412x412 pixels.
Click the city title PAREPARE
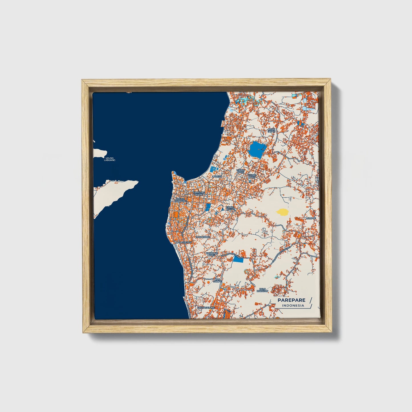coord(291,300)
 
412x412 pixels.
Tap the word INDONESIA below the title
coord(293,306)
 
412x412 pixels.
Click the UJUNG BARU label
coord(241,171)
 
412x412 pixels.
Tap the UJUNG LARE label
coord(252,176)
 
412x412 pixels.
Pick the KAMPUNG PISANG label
coord(199,193)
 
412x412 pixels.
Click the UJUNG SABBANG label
coord(180,200)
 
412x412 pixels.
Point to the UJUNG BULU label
coord(230,208)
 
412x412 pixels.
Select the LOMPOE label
coord(311,218)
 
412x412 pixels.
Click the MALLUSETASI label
coord(183,242)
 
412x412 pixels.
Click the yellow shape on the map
coord(282,212)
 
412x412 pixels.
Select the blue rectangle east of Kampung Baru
coord(238,259)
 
